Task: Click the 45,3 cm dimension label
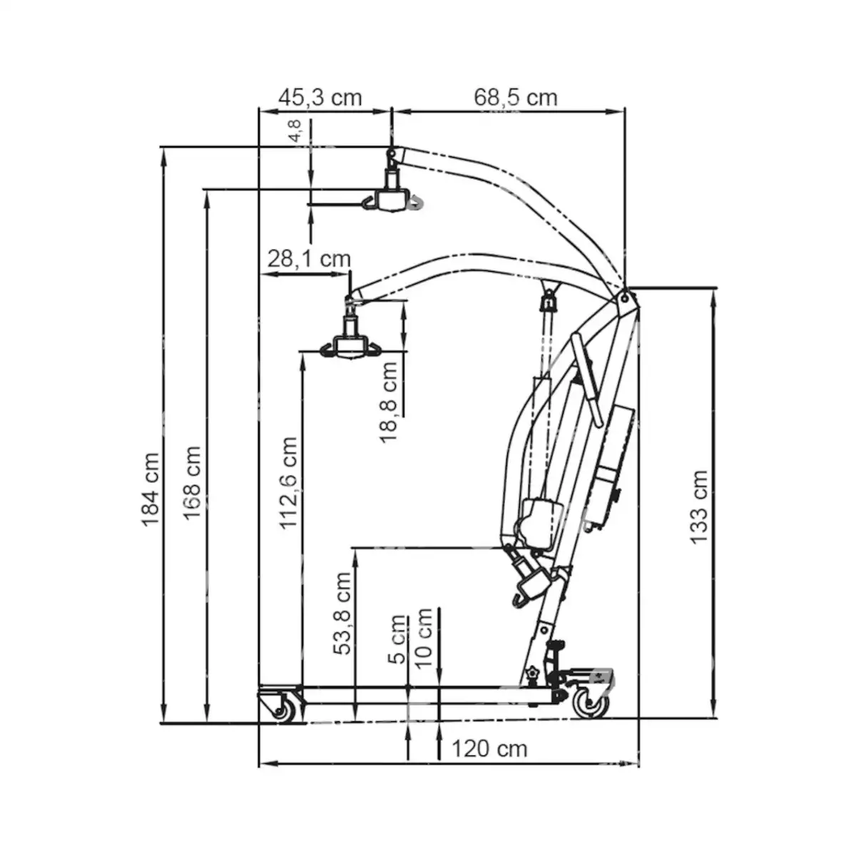(x=320, y=98)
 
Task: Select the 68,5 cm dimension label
(x=515, y=98)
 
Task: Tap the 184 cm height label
(x=151, y=489)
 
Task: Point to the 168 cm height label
(x=192, y=482)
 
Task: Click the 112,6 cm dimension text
(x=287, y=483)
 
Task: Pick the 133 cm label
(x=699, y=506)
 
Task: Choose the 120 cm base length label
(x=489, y=748)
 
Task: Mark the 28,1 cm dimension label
(x=309, y=258)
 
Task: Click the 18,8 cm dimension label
(x=389, y=402)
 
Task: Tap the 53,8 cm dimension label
(x=343, y=613)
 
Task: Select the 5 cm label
(x=397, y=639)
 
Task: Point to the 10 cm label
(x=424, y=637)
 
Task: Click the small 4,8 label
(x=295, y=132)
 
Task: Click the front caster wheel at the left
(x=284, y=708)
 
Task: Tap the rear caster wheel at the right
(x=591, y=703)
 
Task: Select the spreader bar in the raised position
(x=392, y=200)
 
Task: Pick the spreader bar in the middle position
(x=350, y=347)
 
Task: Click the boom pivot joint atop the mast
(x=626, y=298)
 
